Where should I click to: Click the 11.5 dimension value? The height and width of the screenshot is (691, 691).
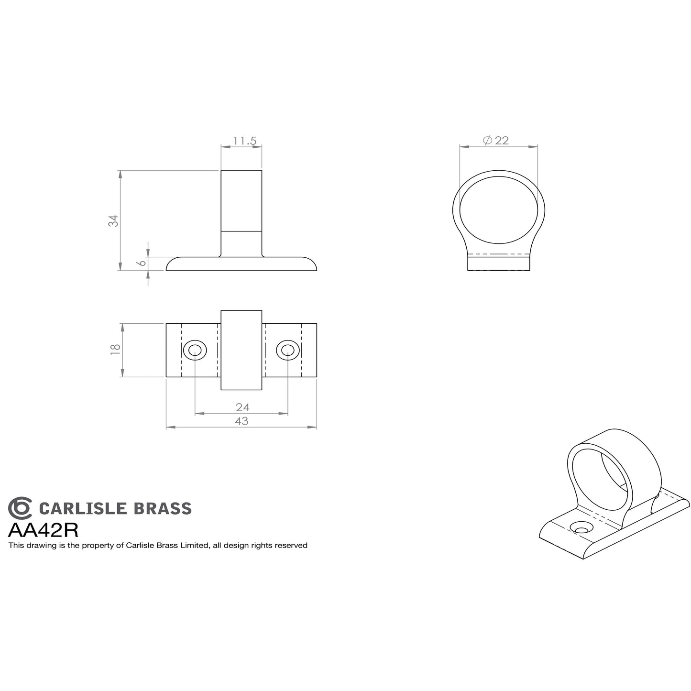coord(245,141)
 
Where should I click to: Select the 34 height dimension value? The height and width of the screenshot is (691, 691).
coord(113,220)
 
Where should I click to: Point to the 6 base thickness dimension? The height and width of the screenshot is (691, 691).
coord(142,263)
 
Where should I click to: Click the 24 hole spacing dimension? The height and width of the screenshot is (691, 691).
coord(242,407)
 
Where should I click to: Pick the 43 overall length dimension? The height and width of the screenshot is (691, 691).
coord(241,421)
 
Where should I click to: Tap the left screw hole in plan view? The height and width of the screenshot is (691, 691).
coord(195,351)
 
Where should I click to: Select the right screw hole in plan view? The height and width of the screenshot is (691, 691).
coord(287,351)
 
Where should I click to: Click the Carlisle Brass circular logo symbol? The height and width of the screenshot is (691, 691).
coord(20,508)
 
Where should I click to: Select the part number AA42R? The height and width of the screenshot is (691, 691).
coord(44,530)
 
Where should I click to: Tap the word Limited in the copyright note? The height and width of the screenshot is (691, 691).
coord(195,545)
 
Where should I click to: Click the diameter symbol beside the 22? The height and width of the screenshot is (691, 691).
coord(487,140)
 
